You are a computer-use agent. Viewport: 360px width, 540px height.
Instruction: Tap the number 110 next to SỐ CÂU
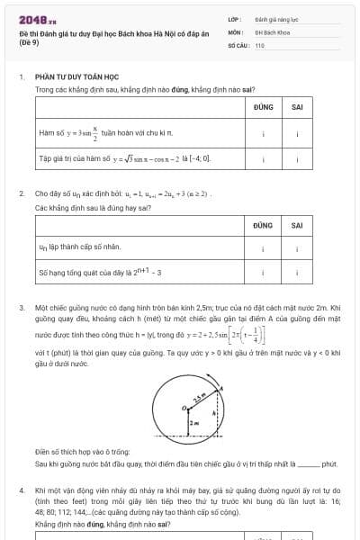(260, 44)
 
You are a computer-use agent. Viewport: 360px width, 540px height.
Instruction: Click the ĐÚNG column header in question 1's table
(263, 106)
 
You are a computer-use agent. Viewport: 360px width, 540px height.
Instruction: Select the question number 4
(21, 490)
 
